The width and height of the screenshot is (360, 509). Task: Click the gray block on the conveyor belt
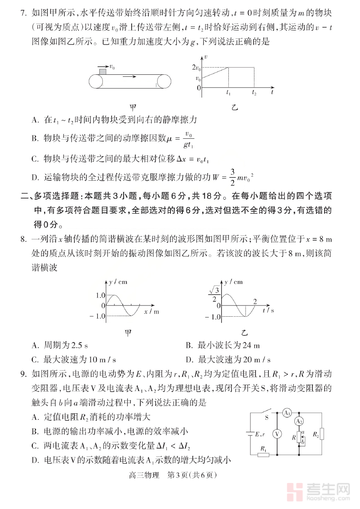click(x=103, y=72)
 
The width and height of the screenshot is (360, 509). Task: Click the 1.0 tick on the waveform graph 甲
click(x=100, y=295)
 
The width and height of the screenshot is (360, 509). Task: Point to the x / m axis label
click(x=151, y=311)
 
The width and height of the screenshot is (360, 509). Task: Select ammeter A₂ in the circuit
click(x=299, y=421)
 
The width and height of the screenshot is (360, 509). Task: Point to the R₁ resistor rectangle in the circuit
click(x=263, y=455)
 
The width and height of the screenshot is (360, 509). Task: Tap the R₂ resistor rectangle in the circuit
click(x=322, y=434)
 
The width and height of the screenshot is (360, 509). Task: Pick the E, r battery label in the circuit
click(x=260, y=434)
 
